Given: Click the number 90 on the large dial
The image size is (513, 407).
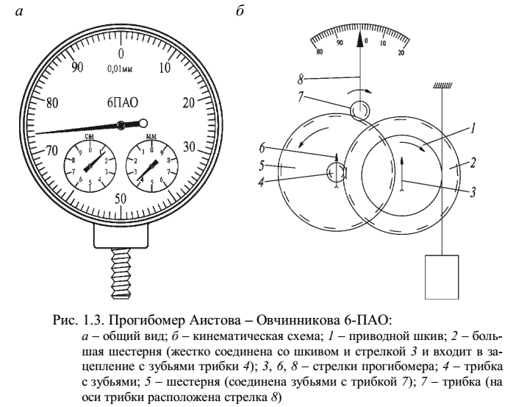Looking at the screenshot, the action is [x=76, y=67].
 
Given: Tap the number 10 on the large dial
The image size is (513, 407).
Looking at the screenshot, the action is [x=165, y=68].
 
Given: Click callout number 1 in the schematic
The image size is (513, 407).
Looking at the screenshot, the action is [x=470, y=128].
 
